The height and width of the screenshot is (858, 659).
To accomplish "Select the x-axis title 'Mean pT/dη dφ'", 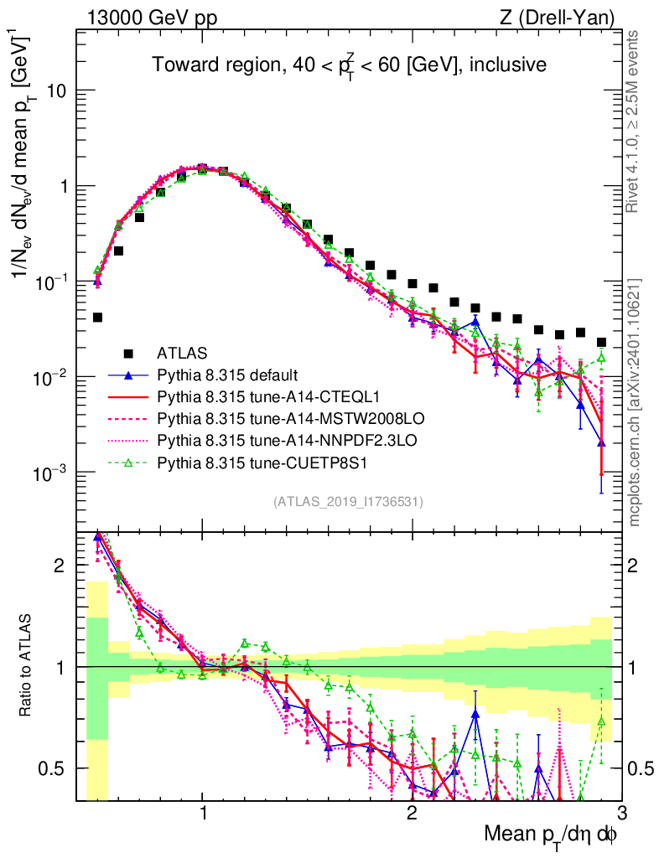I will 553,835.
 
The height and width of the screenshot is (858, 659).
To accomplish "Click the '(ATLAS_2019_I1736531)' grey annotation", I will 348,502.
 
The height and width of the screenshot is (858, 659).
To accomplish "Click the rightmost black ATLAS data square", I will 601,342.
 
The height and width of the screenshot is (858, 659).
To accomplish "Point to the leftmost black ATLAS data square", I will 97,318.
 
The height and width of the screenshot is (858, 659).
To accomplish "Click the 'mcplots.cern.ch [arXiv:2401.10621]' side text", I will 635,402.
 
